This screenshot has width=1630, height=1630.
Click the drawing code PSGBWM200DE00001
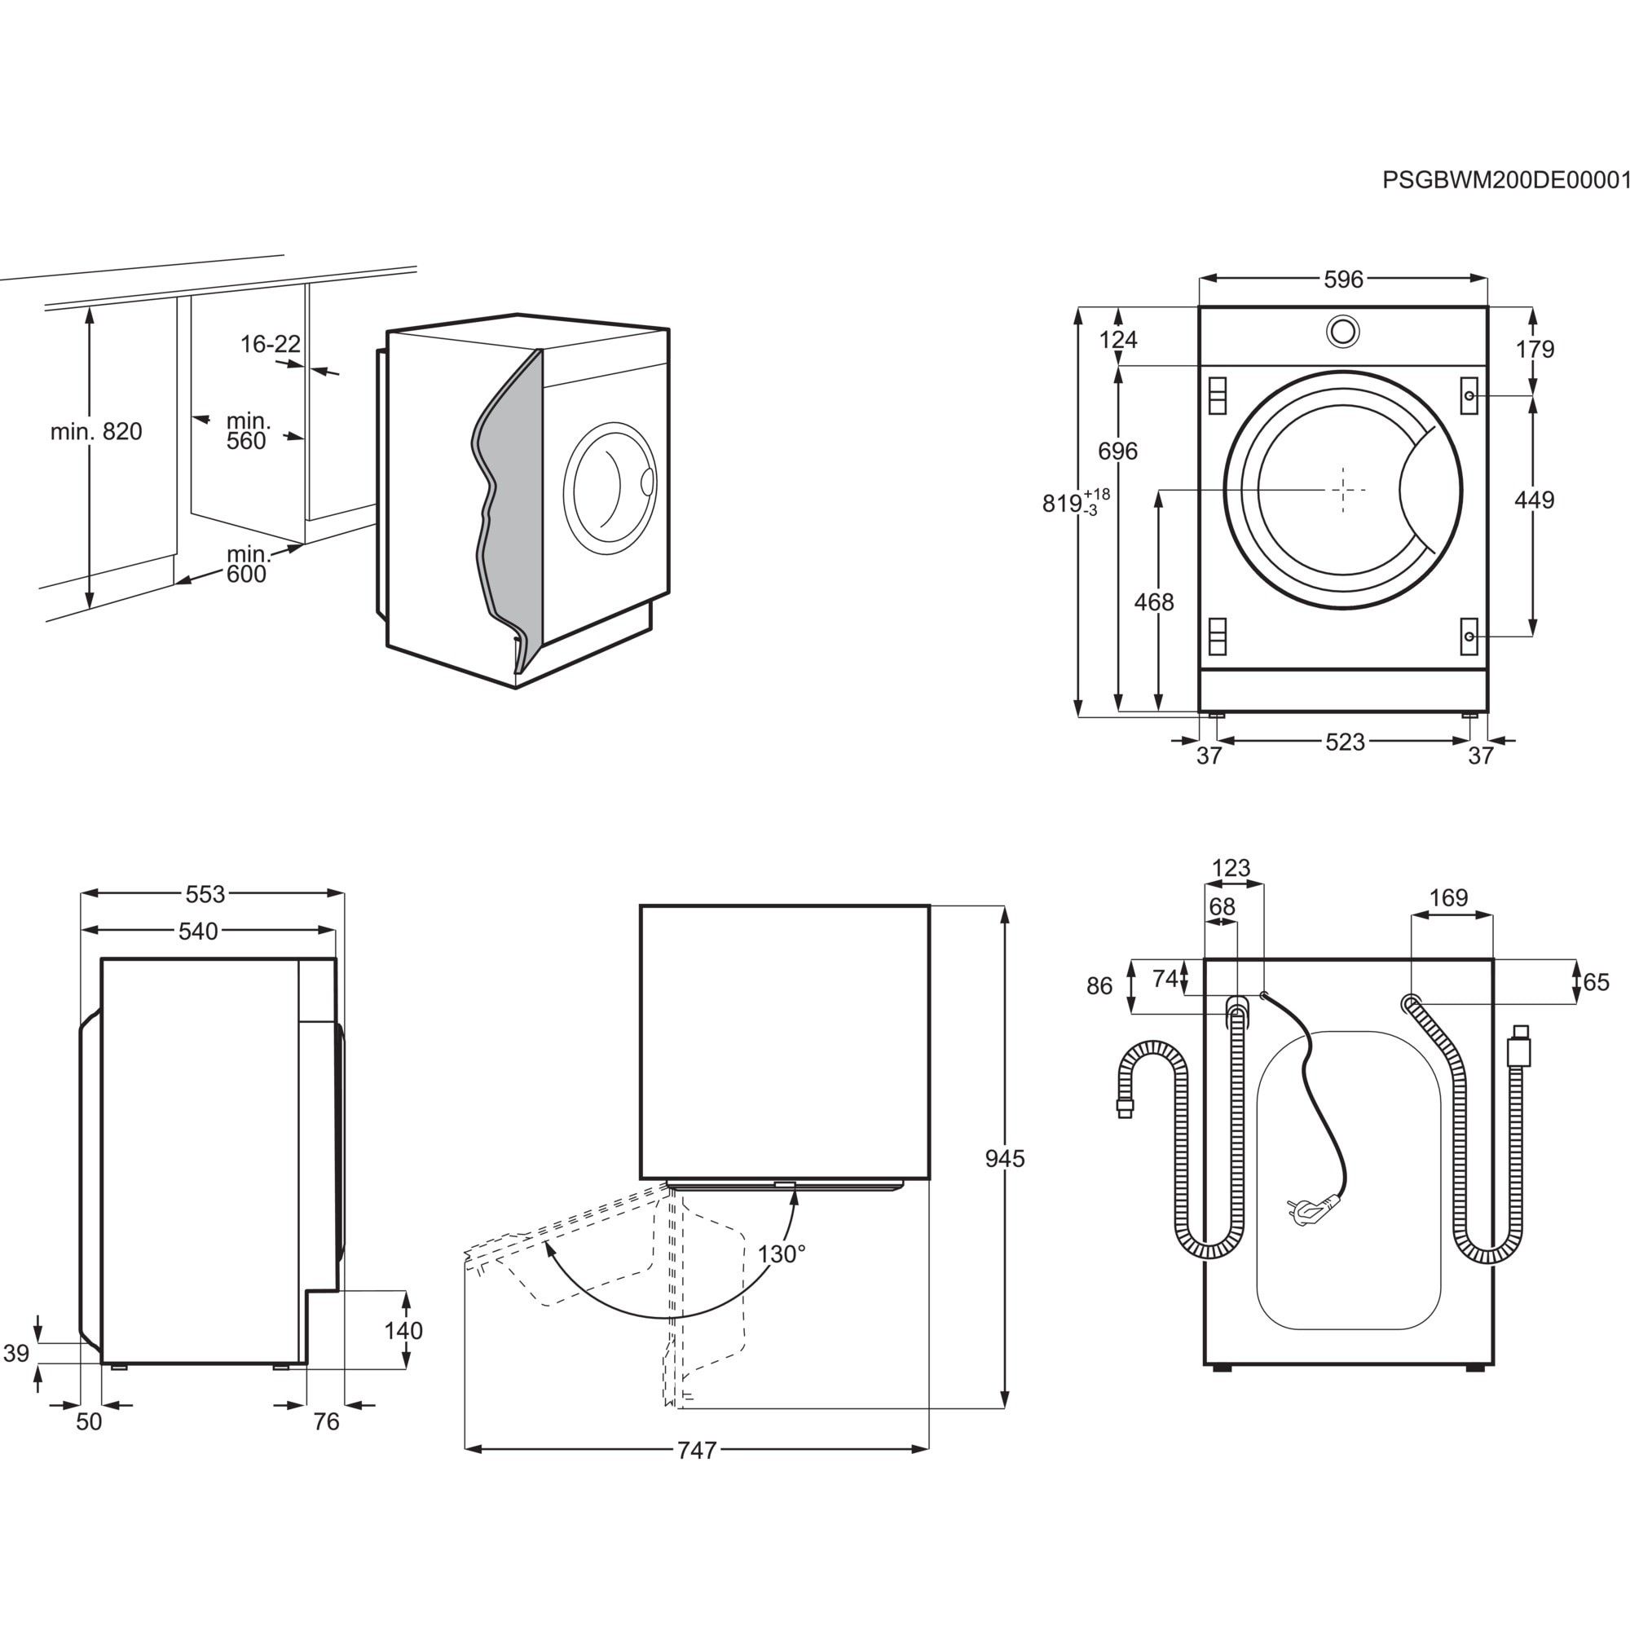pyautogui.click(x=1504, y=205)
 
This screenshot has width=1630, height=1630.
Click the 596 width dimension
pyautogui.click(x=1342, y=280)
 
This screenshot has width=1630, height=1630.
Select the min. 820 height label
pyautogui.click(x=96, y=432)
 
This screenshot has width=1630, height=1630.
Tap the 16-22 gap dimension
pyautogui.click(x=270, y=344)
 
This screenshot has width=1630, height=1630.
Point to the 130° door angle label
pyautogui.click(x=782, y=1254)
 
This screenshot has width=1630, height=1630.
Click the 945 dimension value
pyautogui.click(x=1005, y=1159)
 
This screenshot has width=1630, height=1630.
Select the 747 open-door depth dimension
pyautogui.click(x=697, y=1451)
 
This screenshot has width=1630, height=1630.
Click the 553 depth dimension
pyautogui.click(x=205, y=893)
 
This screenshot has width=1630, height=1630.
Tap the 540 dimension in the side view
pyautogui.click(x=198, y=932)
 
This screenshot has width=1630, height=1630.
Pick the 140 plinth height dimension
pyautogui.click(x=403, y=1331)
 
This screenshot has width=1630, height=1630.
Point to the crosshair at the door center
pyautogui.click(x=1342, y=489)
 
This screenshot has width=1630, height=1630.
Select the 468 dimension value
pyautogui.click(x=1153, y=601)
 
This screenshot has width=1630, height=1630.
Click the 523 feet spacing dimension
pyautogui.click(x=1345, y=742)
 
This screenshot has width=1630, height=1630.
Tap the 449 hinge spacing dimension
pyautogui.click(x=1534, y=500)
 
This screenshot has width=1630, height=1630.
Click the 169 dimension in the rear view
pyautogui.click(x=1448, y=897)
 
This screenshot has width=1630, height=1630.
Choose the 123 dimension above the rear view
pyautogui.click(x=1231, y=868)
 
